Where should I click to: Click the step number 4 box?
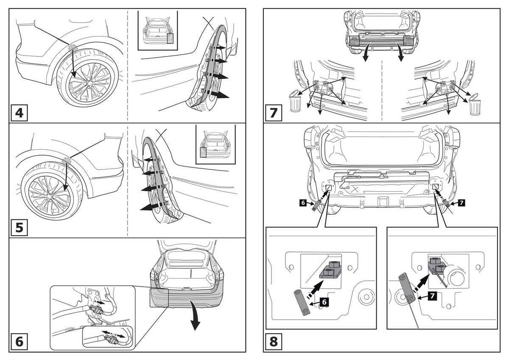tap(20, 113)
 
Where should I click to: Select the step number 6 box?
tap(20, 341)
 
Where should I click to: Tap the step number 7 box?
tap(274, 113)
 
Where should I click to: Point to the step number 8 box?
tap(274, 341)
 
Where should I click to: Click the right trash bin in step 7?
tap(475, 105)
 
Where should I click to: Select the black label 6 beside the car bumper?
tap(303, 203)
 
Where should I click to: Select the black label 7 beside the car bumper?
tap(461, 203)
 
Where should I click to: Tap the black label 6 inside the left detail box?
tap(324, 302)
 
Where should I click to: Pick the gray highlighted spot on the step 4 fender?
tap(72, 47)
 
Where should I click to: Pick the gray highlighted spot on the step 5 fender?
tap(66, 160)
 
